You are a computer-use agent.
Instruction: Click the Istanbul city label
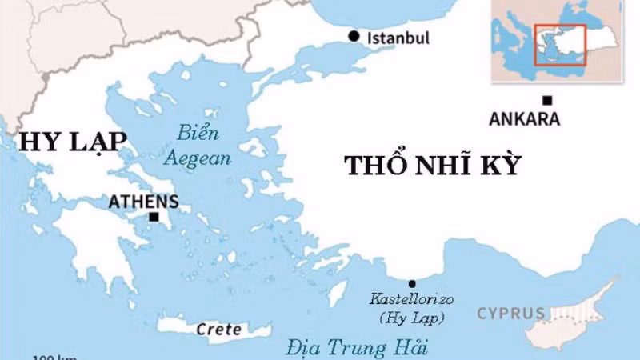(x=398, y=38)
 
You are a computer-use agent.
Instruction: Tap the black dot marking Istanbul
(x=354, y=36)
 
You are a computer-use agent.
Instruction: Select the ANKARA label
(x=524, y=119)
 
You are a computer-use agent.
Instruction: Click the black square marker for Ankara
(x=547, y=101)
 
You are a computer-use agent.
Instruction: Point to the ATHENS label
(x=143, y=202)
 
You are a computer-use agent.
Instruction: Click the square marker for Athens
(x=154, y=217)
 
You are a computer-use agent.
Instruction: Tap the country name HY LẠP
(x=73, y=142)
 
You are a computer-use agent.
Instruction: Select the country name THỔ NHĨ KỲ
(x=433, y=166)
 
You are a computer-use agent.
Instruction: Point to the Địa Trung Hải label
(x=358, y=348)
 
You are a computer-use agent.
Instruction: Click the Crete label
(x=219, y=329)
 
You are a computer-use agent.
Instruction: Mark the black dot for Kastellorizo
(x=412, y=283)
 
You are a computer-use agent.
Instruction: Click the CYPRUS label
(x=511, y=313)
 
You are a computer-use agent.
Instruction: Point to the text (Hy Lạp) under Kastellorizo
(x=412, y=318)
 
